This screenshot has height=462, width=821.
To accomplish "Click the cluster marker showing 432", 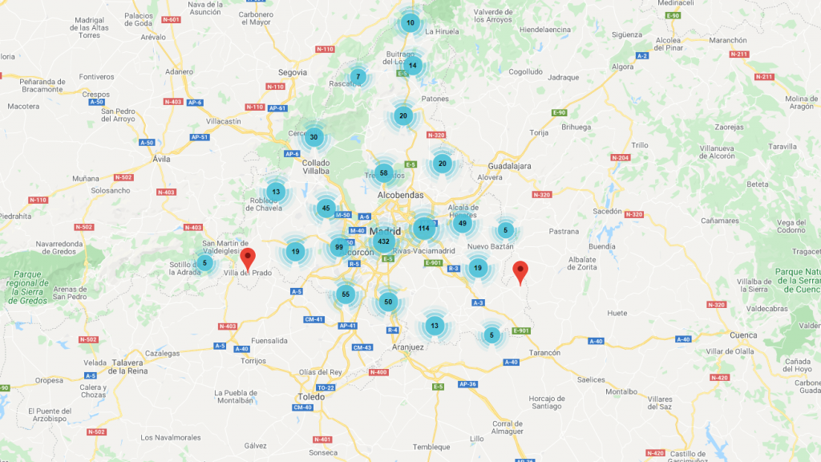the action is [x=383, y=241].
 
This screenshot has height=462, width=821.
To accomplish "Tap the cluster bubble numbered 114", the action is [x=423, y=229].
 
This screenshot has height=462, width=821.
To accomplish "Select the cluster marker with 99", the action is [x=339, y=247].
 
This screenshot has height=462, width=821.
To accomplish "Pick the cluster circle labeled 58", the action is [x=384, y=173].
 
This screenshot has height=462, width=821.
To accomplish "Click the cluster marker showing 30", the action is [x=314, y=137].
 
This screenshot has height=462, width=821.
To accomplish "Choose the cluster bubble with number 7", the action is [x=358, y=77].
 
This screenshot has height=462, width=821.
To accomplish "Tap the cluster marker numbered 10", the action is [x=410, y=22].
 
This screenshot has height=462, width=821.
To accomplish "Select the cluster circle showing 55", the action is [x=346, y=294].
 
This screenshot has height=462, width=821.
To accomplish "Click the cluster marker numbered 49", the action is [x=462, y=223].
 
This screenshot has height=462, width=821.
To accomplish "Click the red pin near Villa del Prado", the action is [x=249, y=258].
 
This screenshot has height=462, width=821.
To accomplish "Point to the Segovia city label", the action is [x=293, y=72].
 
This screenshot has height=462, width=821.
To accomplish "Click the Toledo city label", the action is [x=310, y=397].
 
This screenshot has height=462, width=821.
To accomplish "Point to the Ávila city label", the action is [x=162, y=159].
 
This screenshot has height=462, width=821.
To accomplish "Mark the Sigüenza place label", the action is [x=626, y=34].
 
